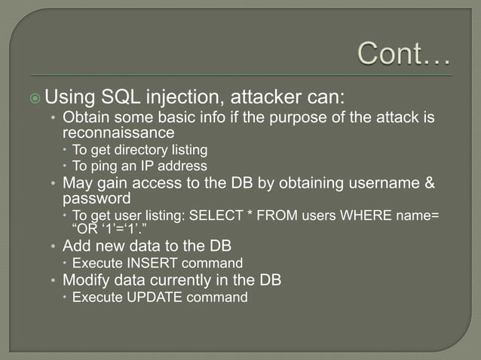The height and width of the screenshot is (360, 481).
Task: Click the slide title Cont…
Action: (x=403, y=53)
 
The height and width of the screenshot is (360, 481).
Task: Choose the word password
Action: (x=97, y=199)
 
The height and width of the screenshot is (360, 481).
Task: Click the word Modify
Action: (x=85, y=280)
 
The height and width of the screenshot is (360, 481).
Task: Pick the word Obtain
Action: (x=86, y=117)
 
